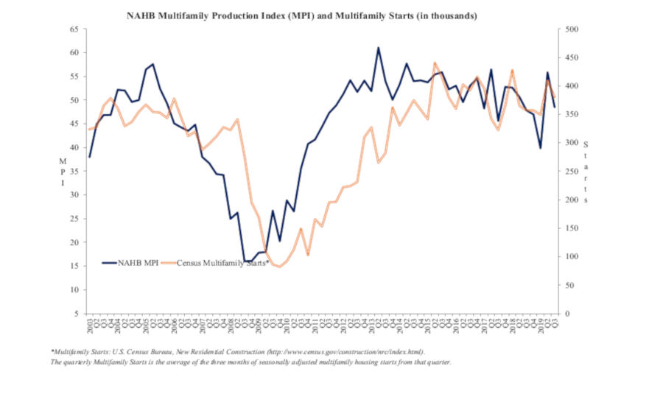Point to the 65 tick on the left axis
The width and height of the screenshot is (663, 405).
(x=73, y=29)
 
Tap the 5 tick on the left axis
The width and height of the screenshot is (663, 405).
(x=75, y=314)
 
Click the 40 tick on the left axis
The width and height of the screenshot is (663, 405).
(x=73, y=147)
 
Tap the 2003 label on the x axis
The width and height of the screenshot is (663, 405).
(x=90, y=327)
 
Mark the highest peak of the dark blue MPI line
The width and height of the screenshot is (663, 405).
(x=378, y=48)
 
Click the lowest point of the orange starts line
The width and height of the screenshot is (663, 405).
(x=281, y=267)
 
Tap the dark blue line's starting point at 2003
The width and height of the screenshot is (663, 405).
(x=90, y=157)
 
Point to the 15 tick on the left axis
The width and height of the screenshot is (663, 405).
(x=73, y=266)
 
